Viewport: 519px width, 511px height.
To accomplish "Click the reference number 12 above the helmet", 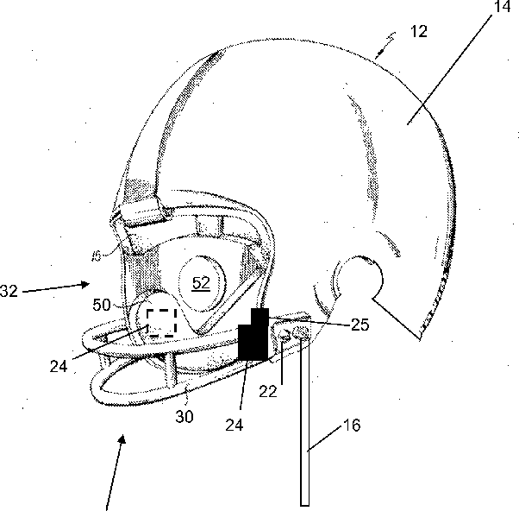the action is point(419,32).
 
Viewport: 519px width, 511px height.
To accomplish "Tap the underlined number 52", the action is point(200,283).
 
